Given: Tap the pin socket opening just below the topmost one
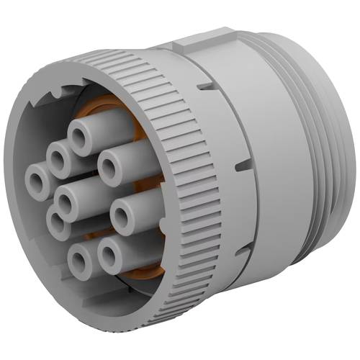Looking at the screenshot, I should pyautogui.click(x=58, y=155).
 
